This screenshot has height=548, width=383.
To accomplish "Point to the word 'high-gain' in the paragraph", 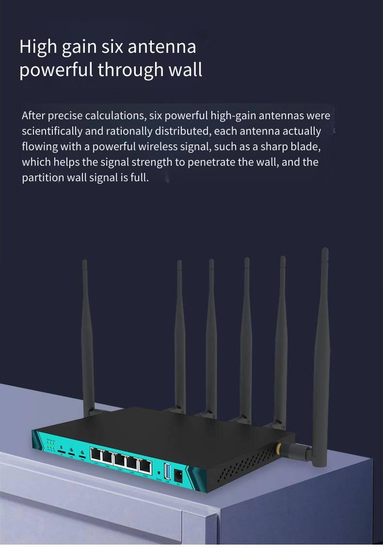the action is click(233, 116).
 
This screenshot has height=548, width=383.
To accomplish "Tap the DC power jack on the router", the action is click(177, 472).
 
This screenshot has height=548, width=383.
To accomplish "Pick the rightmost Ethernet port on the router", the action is click(144, 466).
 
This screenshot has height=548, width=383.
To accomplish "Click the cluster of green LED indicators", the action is click(50, 445).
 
